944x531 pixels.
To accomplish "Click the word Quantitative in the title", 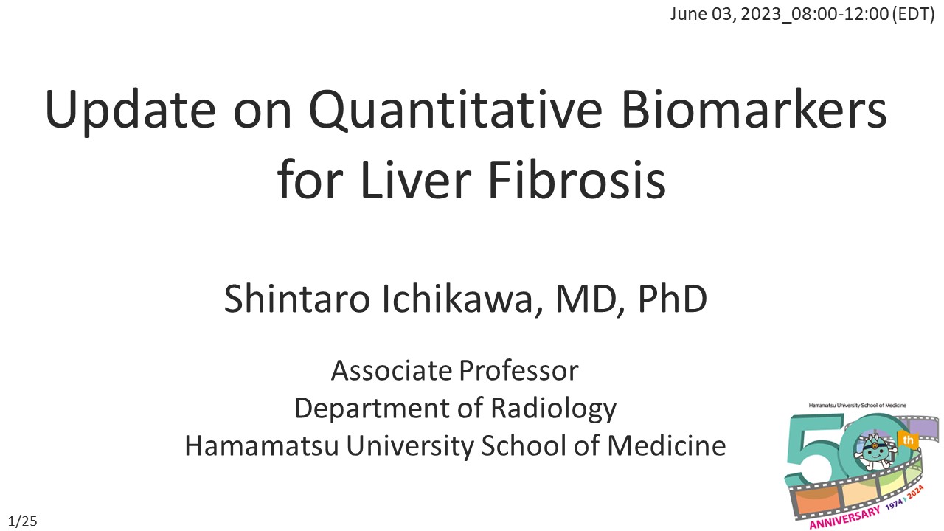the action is pos(456,111).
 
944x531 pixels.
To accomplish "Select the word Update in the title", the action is pos(131,111).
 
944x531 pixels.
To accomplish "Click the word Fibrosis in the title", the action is pos(577,178).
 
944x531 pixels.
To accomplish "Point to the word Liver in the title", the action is pos(416,179).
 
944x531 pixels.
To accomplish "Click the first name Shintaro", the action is pos(297,299).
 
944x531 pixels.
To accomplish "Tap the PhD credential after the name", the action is pos(673,299).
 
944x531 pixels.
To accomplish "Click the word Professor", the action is pos(518,371).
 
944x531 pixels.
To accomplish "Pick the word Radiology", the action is pos(554,409).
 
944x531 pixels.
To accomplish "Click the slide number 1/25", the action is pos(23,521).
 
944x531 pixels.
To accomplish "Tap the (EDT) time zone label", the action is pos(913,14).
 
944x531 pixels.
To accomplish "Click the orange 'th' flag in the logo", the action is pos(907,440).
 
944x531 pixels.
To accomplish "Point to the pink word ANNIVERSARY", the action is pos(845,518).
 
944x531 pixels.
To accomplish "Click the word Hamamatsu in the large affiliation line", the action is pos(262,446).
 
